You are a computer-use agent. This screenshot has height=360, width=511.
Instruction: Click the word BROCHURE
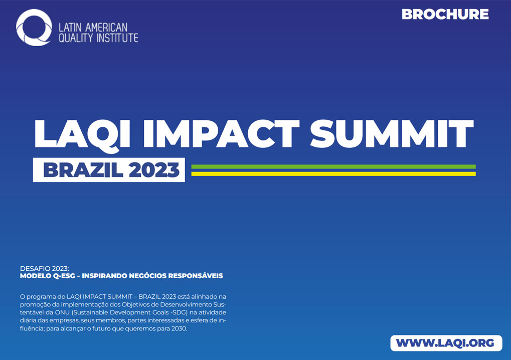coord(445,15)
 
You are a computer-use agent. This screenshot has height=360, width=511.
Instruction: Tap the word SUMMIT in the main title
coord(392,133)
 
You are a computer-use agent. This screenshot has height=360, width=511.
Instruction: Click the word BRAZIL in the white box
coord(83,170)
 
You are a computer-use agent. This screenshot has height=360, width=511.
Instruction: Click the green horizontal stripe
coord(333,167)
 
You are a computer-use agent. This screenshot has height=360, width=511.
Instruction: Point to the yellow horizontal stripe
coord(333,174)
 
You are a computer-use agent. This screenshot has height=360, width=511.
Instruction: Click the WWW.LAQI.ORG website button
coord(446,343)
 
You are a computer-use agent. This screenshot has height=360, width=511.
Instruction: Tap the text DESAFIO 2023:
coord(44,269)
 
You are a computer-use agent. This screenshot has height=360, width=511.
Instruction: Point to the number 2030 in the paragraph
coord(180,328)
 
